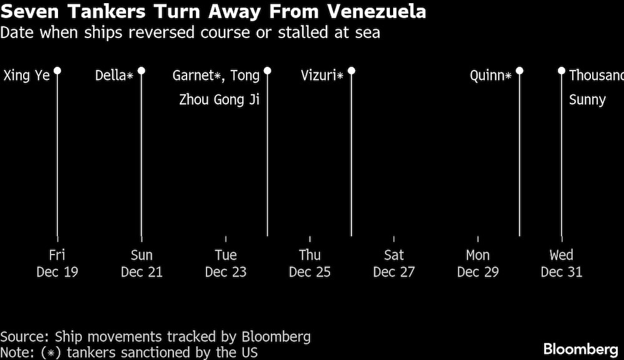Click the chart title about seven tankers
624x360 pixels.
pos(213,12)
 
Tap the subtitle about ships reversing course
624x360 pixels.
pos(190,32)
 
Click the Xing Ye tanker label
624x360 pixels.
pos(27,76)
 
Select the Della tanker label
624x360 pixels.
pos(114,76)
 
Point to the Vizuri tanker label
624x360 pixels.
pos(322,76)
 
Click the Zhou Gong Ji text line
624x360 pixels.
pos(219,100)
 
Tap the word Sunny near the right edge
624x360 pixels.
pos(587,100)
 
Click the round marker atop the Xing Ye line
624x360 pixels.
pos(57,71)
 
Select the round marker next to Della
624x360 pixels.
pos(142,71)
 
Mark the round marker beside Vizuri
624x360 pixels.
pos(351,71)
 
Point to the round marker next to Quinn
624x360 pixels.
pos(520,71)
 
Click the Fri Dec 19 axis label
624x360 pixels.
pos(57,263)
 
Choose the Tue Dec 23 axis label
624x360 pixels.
pos(226,263)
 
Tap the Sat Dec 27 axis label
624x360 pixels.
pos(394,263)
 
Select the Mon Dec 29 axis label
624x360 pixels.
pos(478,263)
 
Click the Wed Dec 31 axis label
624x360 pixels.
pos(562,263)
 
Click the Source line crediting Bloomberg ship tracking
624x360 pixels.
pos(155,337)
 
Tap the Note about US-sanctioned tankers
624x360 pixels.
pos(129,352)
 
